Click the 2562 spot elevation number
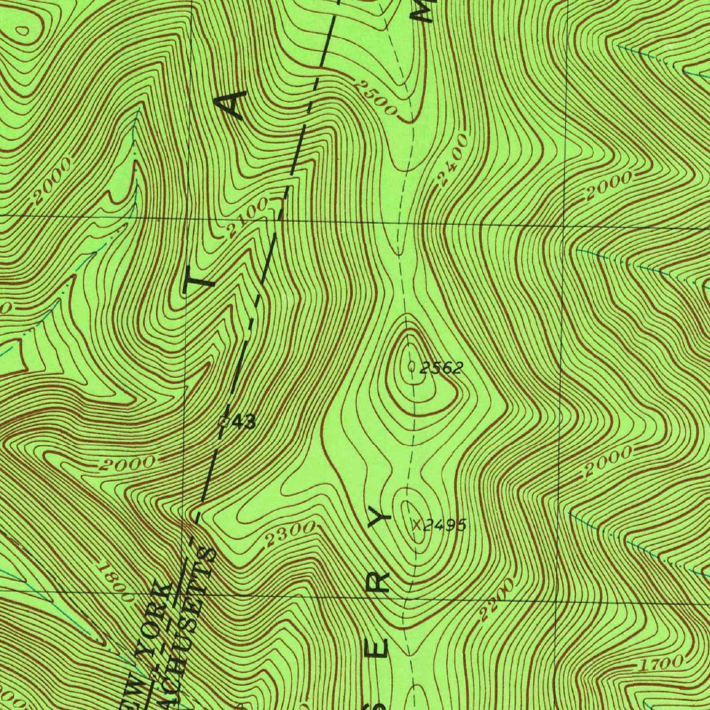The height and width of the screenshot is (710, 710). (442, 368)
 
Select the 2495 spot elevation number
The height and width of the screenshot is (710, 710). (444, 525)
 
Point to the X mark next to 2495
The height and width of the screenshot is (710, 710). (417, 524)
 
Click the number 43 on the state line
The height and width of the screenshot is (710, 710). (243, 421)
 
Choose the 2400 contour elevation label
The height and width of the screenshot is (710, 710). (453, 161)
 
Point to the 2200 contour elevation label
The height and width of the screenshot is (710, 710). (496, 598)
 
